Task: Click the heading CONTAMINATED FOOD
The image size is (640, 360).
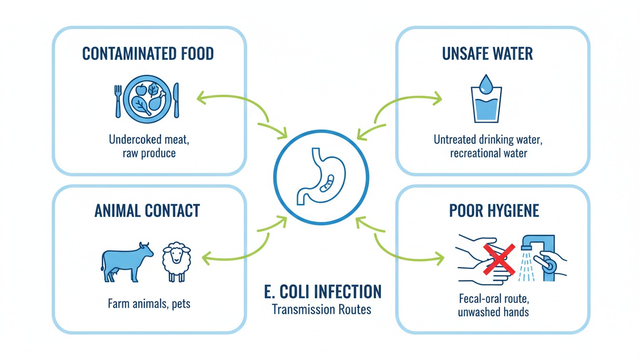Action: (x=148, y=54)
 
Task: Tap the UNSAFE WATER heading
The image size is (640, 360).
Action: (x=487, y=54)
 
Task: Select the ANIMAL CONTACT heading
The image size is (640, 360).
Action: (x=147, y=210)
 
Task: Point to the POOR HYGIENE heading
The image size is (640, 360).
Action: (x=494, y=210)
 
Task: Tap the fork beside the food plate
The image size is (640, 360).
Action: (x=118, y=100)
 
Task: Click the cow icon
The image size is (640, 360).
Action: (x=126, y=260)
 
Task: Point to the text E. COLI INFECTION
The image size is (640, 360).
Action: (x=322, y=291)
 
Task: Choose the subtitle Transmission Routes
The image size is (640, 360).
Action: (x=321, y=309)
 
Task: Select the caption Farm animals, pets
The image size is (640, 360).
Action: (x=149, y=303)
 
